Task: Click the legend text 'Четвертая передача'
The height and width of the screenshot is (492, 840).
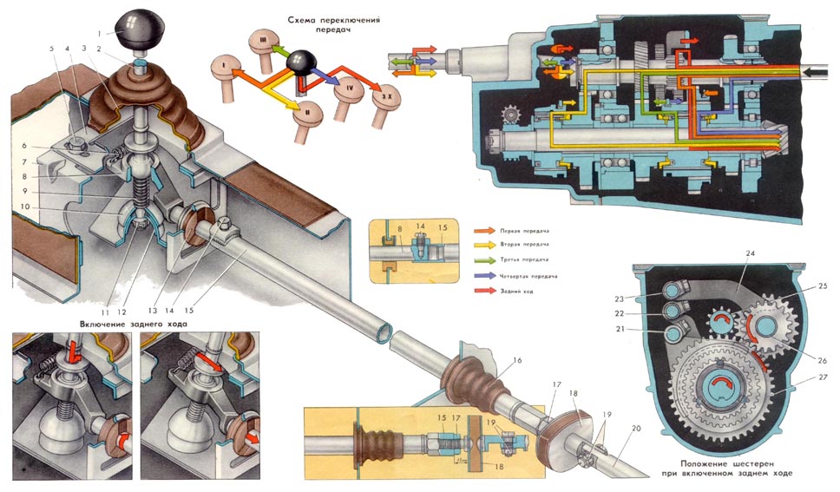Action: (x=527, y=275)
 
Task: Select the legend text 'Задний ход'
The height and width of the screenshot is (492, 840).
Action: (x=515, y=291)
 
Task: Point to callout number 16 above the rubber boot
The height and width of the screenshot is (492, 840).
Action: (x=517, y=358)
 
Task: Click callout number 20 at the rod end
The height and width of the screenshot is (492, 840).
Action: (x=636, y=430)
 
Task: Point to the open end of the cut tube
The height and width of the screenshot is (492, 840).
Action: (x=379, y=331)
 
